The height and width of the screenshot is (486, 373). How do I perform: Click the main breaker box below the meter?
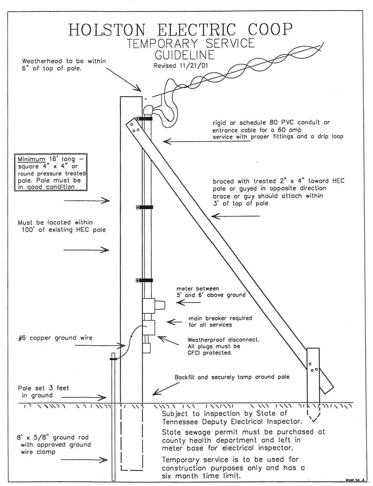[x=149, y=327]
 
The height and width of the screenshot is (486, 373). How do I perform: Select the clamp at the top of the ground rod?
[x=113, y=359]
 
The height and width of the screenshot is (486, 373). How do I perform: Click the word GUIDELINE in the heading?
[x=185, y=55]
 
